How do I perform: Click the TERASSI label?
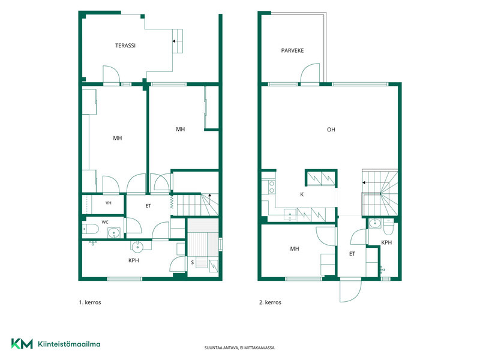click(x=125, y=46)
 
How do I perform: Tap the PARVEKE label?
click(x=292, y=50)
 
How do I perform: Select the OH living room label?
click(x=331, y=130)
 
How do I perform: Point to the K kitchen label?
click(x=302, y=194)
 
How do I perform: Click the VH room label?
click(x=109, y=203)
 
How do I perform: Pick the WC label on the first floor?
click(x=105, y=222)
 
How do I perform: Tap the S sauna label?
click(x=192, y=262)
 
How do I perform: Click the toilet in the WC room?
click(x=90, y=229)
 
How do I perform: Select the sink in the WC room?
click(x=114, y=233)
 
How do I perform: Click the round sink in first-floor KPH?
click(x=137, y=245)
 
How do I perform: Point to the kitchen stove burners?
click(x=272, y=187)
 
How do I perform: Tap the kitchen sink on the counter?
click(x=290, y=215)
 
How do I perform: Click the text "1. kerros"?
click(x=90, y=302)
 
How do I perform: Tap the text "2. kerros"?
click(x=270, y=302)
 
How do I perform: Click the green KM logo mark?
click(x=22, y=343)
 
